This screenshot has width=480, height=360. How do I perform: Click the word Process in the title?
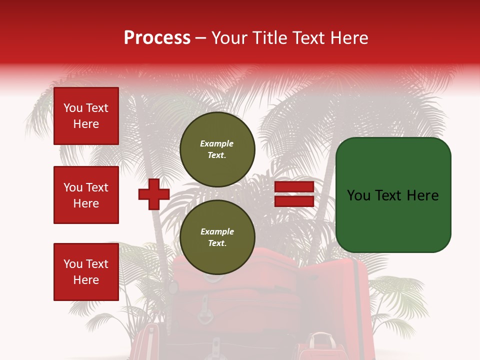coord(157,38)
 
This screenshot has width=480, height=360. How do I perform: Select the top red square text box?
coord(86,116)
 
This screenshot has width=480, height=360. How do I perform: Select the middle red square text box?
coord(86,195)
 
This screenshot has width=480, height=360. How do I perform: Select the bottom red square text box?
coord(86,271)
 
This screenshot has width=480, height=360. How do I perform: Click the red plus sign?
coord(154,194)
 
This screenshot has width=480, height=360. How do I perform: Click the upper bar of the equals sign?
coord(294,187)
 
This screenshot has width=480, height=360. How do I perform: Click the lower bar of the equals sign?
coord(294,201)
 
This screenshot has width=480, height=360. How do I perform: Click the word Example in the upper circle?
coord(216,143)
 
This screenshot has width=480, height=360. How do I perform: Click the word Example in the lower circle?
coord(217,231)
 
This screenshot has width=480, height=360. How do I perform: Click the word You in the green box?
coord(359,195)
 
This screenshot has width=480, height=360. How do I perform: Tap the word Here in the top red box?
coord(86,124)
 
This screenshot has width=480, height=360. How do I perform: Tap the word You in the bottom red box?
coord(73,264)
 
